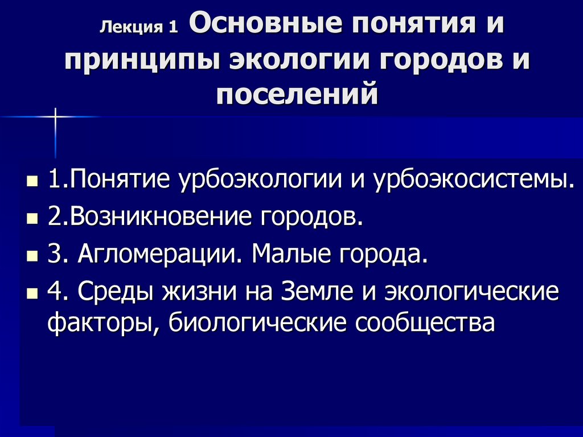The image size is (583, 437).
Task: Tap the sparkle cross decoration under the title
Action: click(x=55, y=116)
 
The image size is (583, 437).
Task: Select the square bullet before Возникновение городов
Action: click(x=32, y=219)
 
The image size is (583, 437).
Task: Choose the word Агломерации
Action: click(x=160, y=254)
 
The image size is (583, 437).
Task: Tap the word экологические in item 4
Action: click(x=472, y=292)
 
